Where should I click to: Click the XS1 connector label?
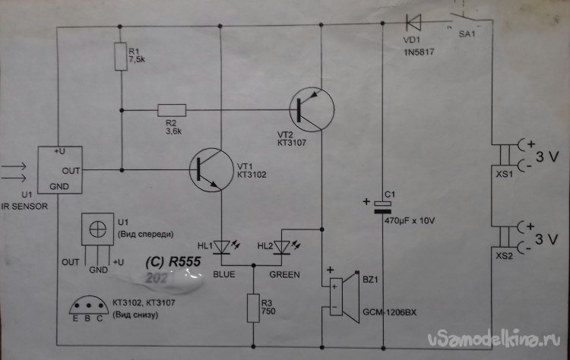[504, 174]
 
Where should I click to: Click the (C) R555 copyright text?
[171, 261]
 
